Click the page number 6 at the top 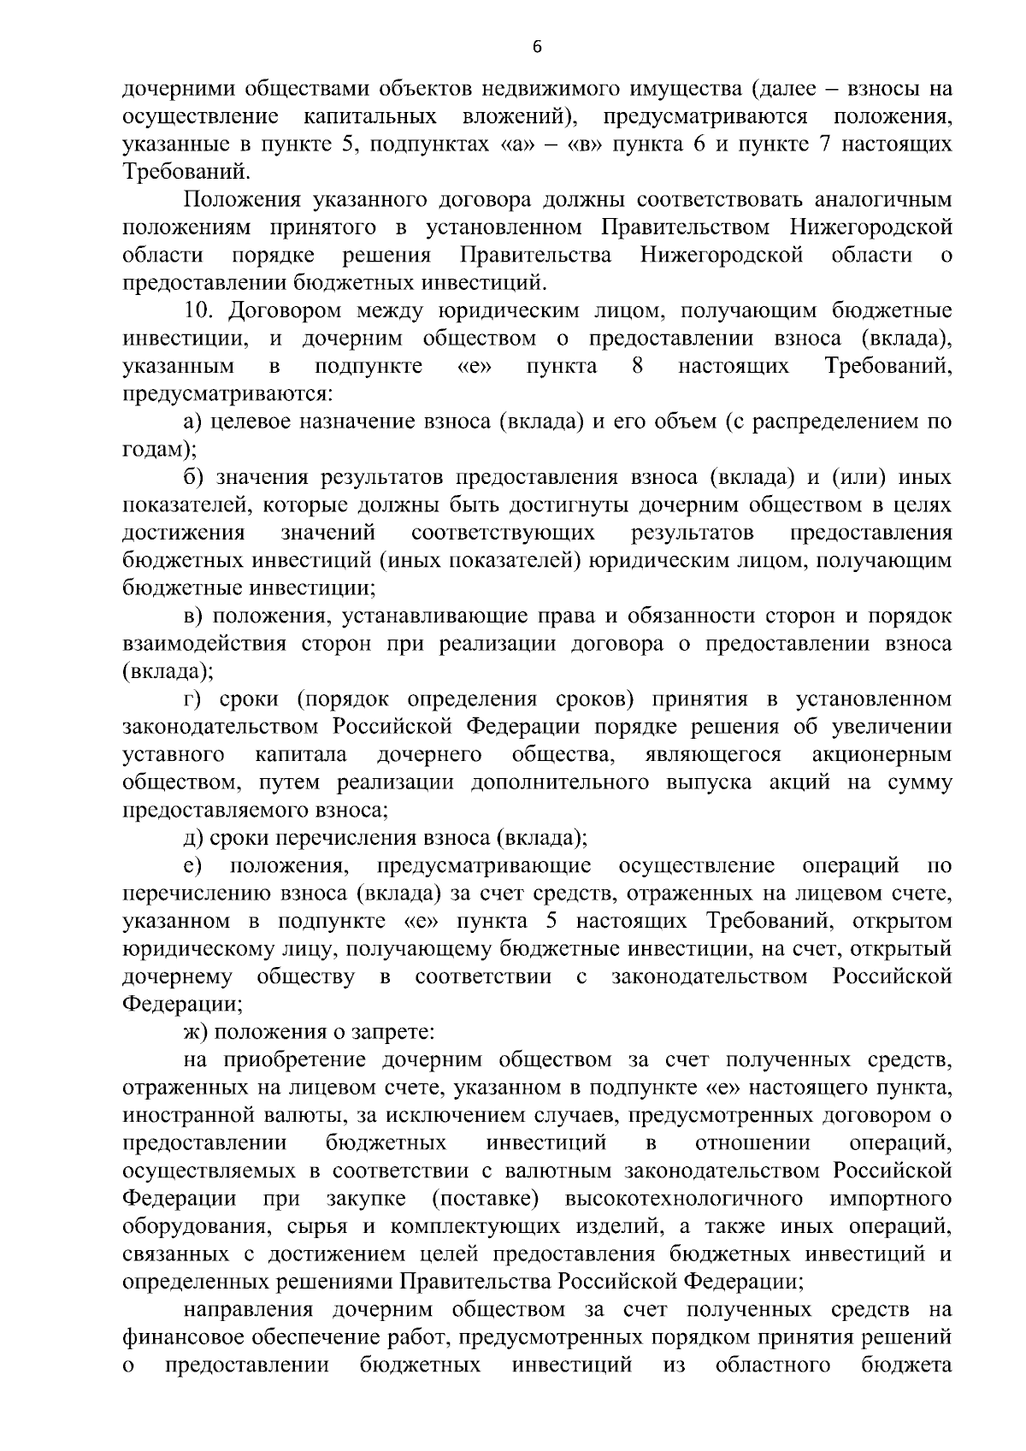coord(537,48)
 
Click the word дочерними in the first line coord(176,88)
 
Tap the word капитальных coord(371,115)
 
